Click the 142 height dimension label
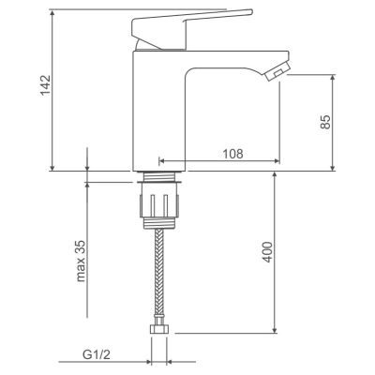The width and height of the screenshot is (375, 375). pos(45,85)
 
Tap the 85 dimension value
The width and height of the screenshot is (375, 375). pos(325,122)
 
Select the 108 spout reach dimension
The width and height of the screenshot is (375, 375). pos(232,154)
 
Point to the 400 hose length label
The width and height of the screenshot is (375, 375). pos(267,252)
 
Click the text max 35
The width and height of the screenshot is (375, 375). pos(81,261)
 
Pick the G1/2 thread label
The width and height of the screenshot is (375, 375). pos(97,354)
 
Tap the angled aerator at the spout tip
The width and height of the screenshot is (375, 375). pos(277,71)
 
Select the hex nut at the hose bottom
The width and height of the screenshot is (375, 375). pos(159,329)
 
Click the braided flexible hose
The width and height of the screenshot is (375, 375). pos(159,274)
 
